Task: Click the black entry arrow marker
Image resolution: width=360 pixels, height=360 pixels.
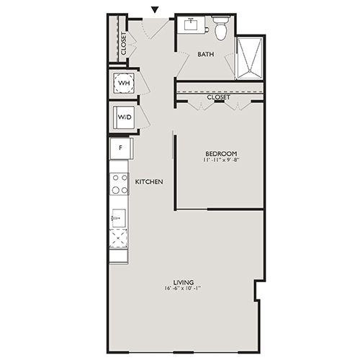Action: click(x=156, y=9)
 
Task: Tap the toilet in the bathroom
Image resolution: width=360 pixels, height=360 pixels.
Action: click(x=221, y=28)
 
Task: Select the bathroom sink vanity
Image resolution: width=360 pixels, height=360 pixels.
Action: click(x=192, y=24)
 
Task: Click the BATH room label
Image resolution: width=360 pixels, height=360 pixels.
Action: click(x=206, y=54)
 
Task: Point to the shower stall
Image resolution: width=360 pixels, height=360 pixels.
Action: click(x=250, y=58)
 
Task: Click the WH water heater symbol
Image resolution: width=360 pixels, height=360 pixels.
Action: click(x=124, y=83)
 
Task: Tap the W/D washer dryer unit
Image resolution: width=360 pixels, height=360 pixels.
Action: click(x=125, y=117)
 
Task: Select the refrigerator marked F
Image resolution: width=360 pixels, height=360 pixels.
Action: click(x=121, y=148)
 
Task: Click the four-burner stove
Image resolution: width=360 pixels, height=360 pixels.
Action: click(x=120, y=184)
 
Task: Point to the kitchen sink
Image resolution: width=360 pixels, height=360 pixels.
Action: click(x=119, y=217)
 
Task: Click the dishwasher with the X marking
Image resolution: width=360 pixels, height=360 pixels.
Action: click(x=118, y=238)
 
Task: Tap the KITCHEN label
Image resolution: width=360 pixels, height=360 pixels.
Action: click(x=149, y=182)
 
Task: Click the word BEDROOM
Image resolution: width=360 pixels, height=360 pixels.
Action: click(x=221, y=153)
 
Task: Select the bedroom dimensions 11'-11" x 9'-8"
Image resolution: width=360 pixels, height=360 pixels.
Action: click(x=221, y=160)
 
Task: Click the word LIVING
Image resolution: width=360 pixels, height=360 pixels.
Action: click(x=184, y=282)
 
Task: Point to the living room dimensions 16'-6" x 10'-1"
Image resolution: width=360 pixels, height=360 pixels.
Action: click(x=183, y=289)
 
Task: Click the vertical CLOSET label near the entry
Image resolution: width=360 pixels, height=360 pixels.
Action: click(x=123, y=43)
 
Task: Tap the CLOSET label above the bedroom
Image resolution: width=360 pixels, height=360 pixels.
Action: click(x=218, y=97)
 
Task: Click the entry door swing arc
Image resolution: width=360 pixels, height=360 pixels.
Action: click(x=146, y=30)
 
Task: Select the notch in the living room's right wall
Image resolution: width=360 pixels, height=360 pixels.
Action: click(x=257, y=290)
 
